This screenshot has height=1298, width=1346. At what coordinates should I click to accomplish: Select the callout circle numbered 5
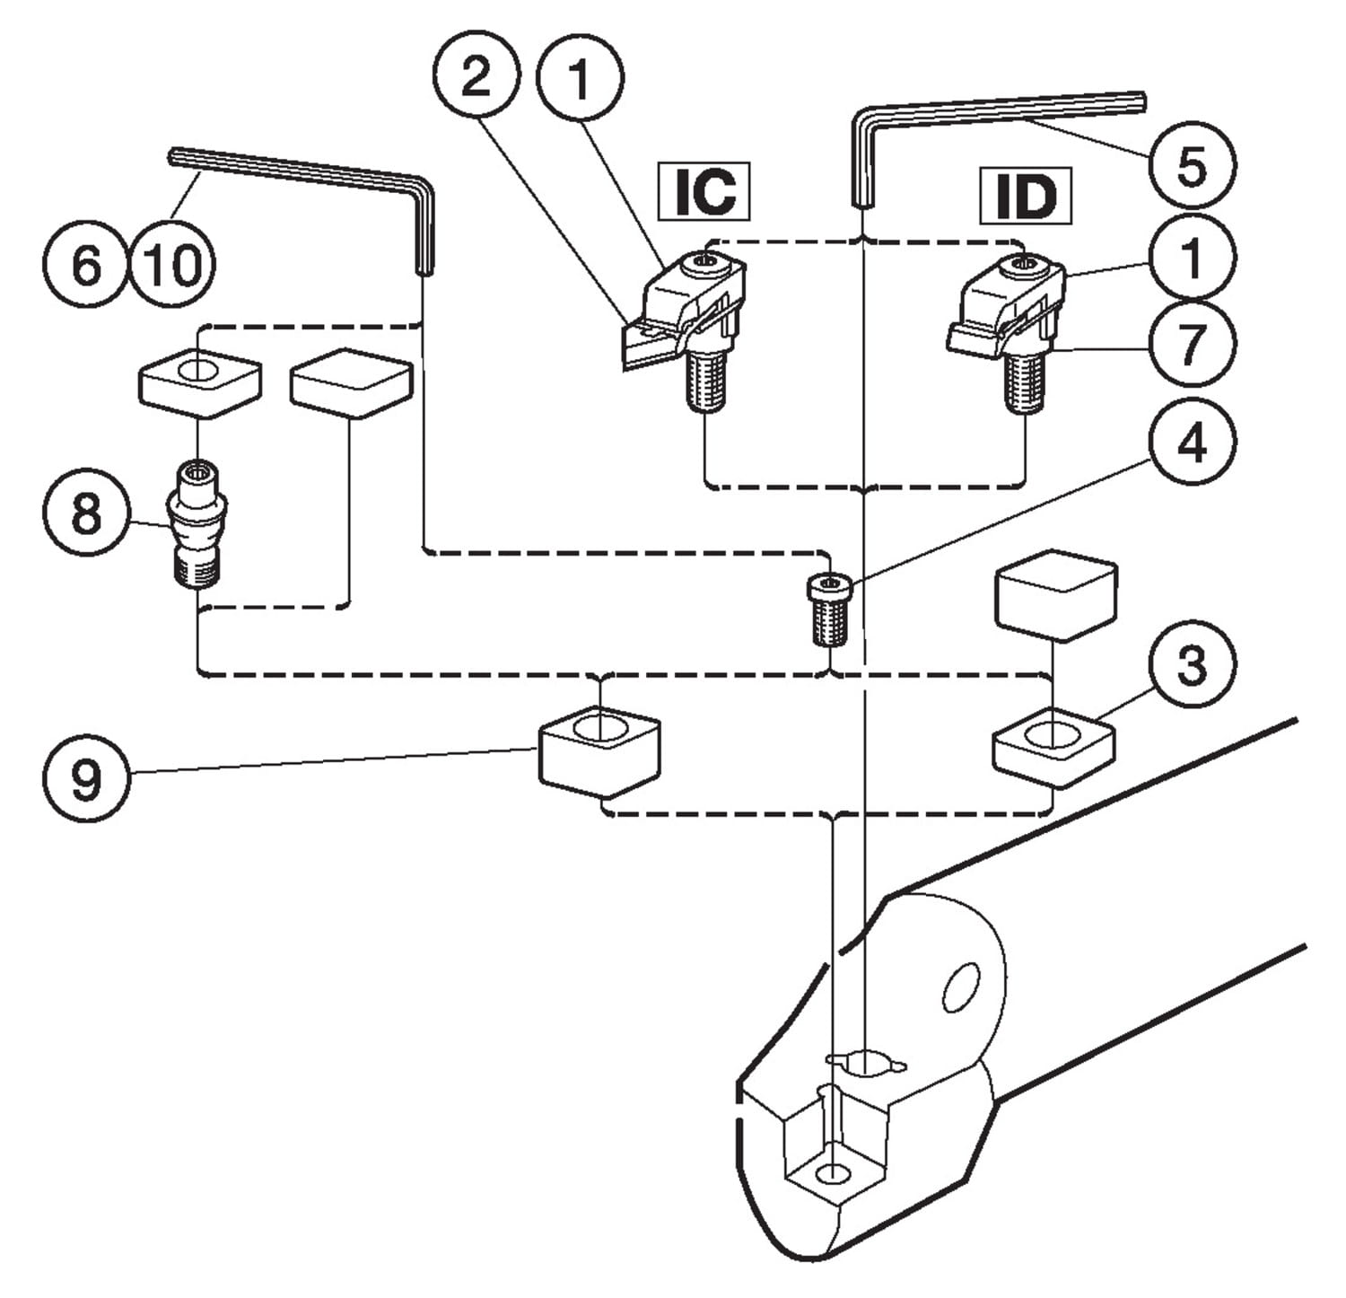click(1191, 166)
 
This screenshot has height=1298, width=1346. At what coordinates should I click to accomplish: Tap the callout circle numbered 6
click(85, 266)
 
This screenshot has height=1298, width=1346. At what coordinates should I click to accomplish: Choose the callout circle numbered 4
click(1191, 442)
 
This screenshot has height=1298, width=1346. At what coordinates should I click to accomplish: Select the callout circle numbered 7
click(1191, 345)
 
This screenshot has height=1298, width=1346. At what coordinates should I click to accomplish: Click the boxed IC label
click(704, 191)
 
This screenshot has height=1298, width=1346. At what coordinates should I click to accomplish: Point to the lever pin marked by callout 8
click(197, 523)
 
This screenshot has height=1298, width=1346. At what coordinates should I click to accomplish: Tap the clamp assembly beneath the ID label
click(1009, 323)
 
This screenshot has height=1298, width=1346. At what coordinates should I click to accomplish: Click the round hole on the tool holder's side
click(960, 987)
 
